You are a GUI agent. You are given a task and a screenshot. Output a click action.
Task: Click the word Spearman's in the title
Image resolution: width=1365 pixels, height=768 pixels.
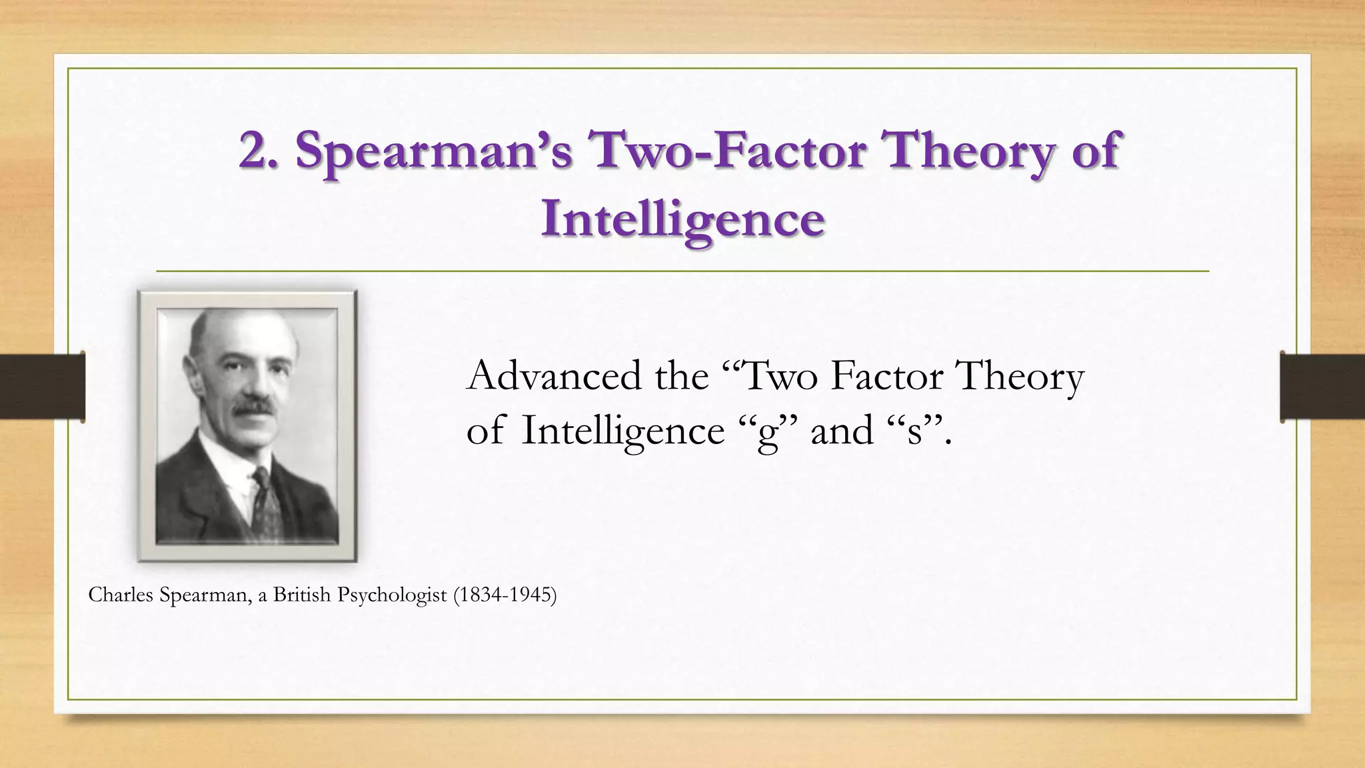tap(433, 151)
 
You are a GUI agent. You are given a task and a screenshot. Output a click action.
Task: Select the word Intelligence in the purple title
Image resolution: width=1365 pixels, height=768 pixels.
tap(682, 219)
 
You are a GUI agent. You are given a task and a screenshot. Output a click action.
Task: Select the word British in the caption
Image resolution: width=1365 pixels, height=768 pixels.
tap(301, 595)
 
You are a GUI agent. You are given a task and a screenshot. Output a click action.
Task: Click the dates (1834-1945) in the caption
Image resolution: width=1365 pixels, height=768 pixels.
tap(505, 595)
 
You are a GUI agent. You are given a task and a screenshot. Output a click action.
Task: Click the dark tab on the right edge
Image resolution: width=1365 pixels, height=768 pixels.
tap(1322, 387)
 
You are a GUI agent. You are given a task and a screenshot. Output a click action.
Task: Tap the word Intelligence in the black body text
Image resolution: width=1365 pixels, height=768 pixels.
tap(623, 431)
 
